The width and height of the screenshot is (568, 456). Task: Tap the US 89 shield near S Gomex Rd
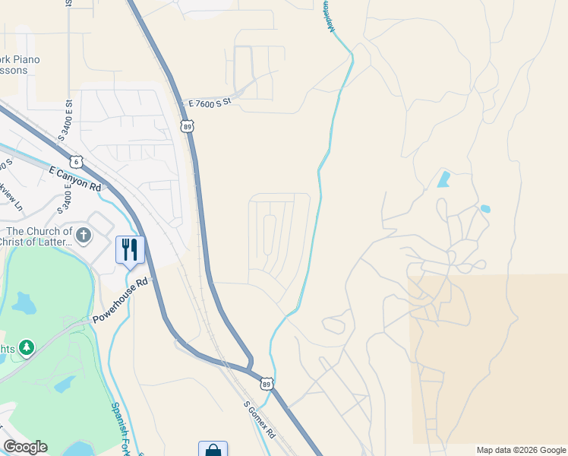tap(267, 385)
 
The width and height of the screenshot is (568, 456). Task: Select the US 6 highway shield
tap(75, 161)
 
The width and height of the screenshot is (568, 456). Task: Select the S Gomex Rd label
tap(259, 417)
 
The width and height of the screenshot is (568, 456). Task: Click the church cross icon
tap(84, 236)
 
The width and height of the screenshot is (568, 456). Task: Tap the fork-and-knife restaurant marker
tap(130, 250)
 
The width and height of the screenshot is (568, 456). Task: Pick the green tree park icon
tap(27, 347)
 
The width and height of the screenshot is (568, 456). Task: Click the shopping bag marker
tap(213, 450)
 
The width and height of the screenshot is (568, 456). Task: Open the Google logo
tap(25, 447)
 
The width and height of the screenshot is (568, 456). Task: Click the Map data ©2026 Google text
tap(521, 450)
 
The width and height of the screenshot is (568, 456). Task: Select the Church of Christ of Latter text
tap(36, 236)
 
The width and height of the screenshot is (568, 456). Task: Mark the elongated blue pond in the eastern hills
tap(443, 180)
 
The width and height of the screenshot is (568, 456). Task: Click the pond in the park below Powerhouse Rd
tap(24, 304)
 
